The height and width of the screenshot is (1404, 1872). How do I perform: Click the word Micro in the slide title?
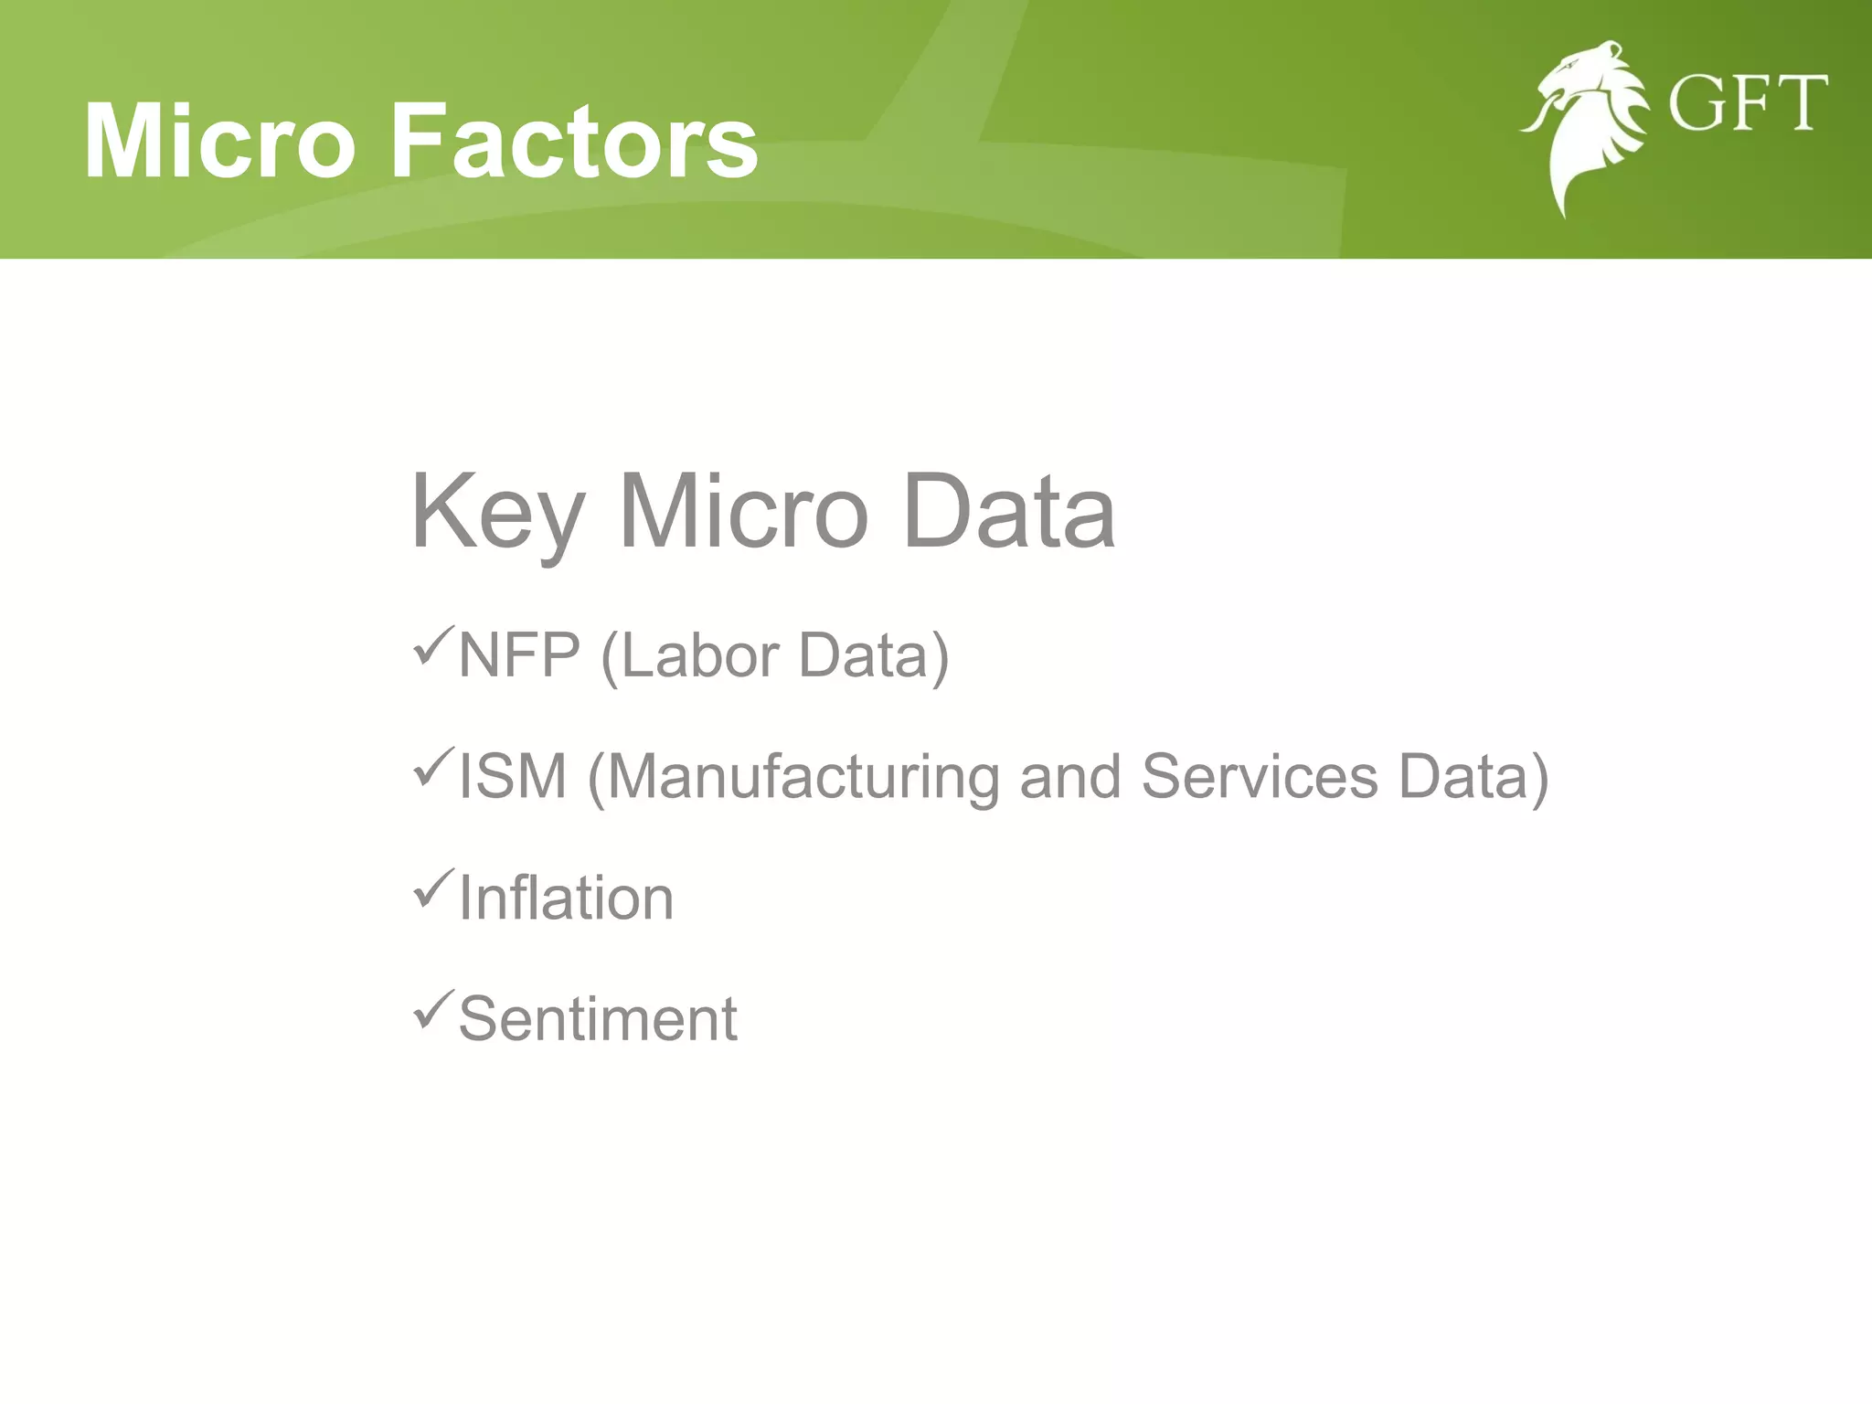[x=219, y=142]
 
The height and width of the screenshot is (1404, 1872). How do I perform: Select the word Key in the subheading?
[x=496, y=514]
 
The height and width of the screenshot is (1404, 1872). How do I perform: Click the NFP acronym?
[x=519, y=655]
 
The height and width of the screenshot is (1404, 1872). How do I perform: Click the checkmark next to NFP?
[x=432, y=646]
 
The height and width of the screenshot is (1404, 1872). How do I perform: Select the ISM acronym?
[x=512, y=777]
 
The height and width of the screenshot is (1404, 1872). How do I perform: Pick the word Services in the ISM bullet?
[x=1259, y=777]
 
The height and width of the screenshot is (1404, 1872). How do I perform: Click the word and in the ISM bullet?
[x=1069, y=777]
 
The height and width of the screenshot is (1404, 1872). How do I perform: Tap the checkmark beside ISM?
[x=432, y=767]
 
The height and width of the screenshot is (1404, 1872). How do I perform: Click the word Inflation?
[x=566, y=899]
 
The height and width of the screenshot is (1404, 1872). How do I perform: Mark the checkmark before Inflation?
[x=432, y=888]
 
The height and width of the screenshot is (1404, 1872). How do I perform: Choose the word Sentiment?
[x=597, y=1019]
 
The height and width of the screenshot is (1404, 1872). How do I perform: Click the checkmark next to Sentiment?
[x=432, y=1009]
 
